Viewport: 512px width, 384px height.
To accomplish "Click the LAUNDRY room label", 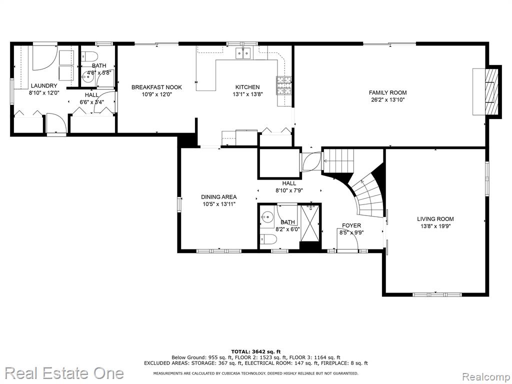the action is coord(44,86).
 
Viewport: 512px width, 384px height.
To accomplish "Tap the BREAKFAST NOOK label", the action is coord(156,87).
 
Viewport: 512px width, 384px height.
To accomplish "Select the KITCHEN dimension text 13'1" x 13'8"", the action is coord(247,94).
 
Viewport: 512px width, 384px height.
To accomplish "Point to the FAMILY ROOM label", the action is coord(388,92).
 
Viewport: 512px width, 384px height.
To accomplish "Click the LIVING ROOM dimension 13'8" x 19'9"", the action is coord(435,225).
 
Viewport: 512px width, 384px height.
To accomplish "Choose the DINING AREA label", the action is coord(219,197).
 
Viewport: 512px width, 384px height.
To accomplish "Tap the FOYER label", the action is coord(351,225).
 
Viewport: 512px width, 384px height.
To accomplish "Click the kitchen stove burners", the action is coord(284,85).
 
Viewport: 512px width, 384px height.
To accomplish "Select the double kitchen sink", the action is coord(243,53).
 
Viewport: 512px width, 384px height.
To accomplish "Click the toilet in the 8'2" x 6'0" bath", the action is coord(268,239).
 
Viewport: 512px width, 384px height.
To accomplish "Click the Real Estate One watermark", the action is coord(64,373).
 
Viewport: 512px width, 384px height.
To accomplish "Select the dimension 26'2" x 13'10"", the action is coord(388,100).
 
